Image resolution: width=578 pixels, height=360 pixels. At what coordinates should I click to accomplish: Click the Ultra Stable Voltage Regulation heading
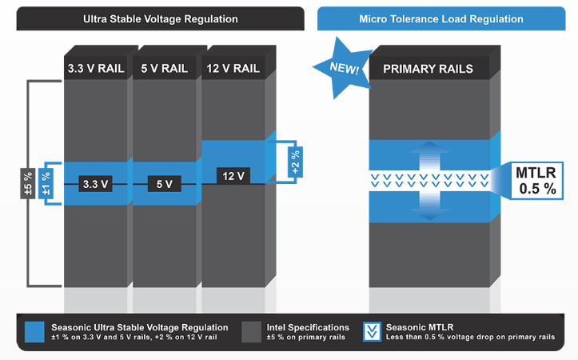(161, 18)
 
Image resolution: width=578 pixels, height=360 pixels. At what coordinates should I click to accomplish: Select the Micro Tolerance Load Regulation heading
(446, 18)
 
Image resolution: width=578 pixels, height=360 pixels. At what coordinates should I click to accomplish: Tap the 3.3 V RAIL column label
(96, 68)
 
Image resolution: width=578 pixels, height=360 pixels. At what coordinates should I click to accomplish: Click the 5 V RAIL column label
(164, 68)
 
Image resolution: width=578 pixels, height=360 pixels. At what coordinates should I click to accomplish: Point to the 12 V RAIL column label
(233, 68)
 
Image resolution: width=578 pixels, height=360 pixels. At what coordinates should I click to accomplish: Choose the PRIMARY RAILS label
(428, 68)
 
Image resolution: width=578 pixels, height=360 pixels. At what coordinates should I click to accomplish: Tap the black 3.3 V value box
(95, 184)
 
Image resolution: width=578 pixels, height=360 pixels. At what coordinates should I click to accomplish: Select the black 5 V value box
(164, 184)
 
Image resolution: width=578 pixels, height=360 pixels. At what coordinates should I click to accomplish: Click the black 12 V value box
(233, 174)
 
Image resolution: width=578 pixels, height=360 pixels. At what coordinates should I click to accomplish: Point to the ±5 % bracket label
(27, 183)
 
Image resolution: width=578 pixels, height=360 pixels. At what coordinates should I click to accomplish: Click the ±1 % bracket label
(46, 183)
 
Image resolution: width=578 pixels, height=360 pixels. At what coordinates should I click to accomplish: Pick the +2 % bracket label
(294, 162)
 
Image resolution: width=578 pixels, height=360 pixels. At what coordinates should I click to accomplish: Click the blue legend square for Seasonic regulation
(34, 332)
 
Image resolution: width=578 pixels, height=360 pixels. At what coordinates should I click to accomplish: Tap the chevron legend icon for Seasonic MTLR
(371, 332)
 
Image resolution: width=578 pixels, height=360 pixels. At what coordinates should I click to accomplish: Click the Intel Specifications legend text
(307, 327)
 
